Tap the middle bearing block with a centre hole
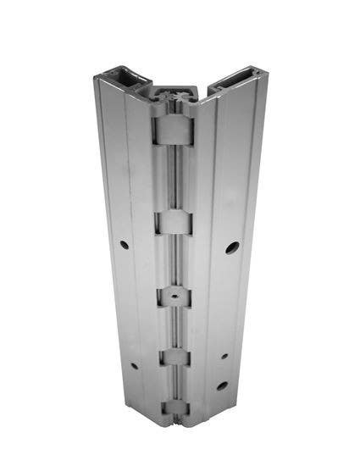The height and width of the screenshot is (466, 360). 173,297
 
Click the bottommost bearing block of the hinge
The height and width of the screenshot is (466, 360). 175,409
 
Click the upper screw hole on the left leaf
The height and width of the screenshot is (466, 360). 125,245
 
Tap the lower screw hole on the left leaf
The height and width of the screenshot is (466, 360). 134,367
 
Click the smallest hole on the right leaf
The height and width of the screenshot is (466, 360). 224,356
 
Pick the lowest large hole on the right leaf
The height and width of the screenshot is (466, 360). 222,386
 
